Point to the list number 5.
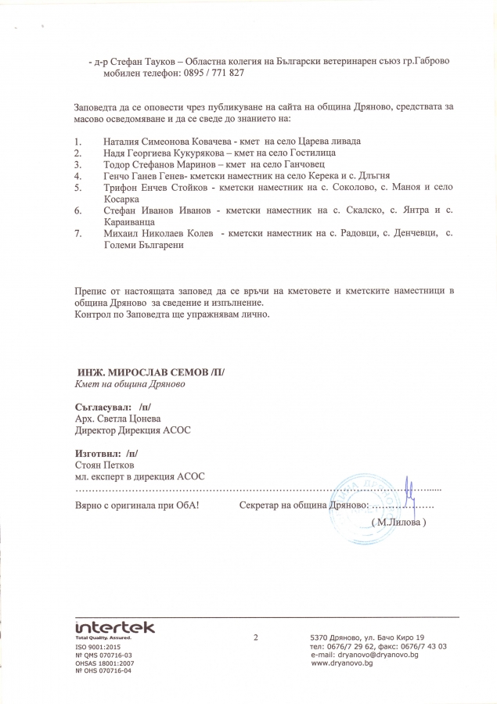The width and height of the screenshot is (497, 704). tap(77, 189)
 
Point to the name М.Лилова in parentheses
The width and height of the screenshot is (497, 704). tap(400, 521)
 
